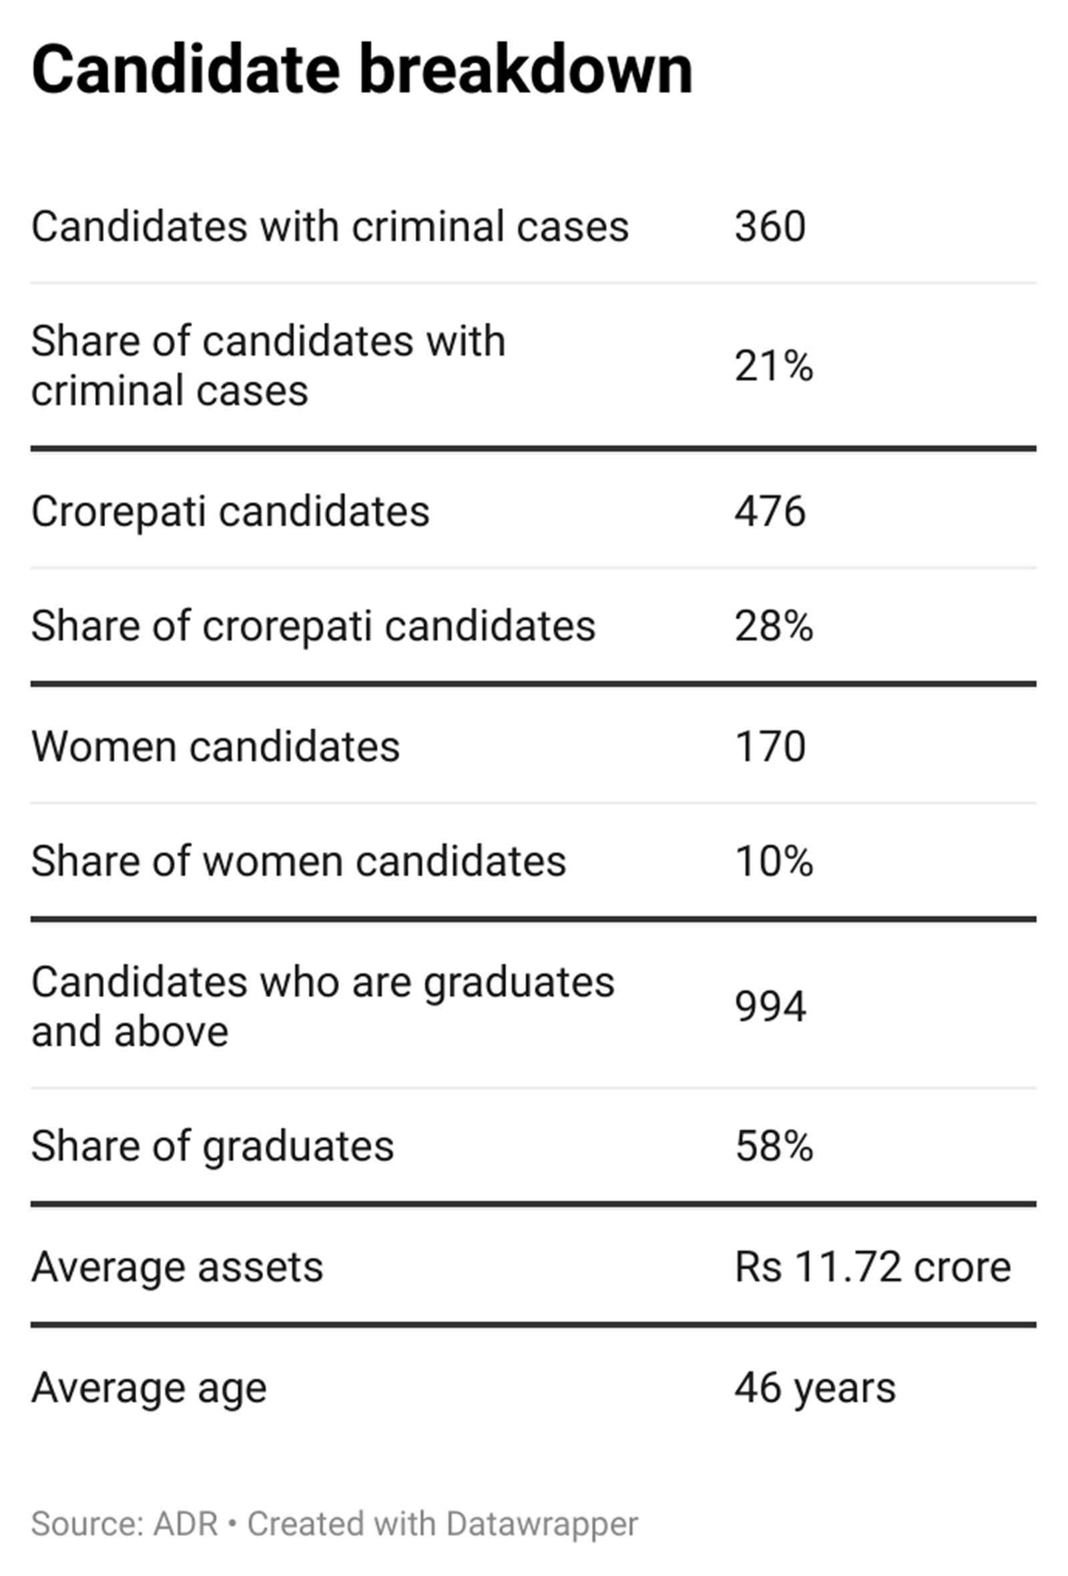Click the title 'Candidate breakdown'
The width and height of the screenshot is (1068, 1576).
pyautogui.click(x=362, y=71)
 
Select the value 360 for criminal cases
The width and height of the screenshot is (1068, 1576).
pyautogui.click(x=770, y=226)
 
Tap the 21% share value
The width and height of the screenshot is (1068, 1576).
pyautogui.click(x=774, y=367)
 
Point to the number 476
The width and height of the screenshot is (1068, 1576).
pyautogui.click(x=770, y=511)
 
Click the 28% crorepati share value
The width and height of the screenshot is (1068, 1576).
pyautogui.click(x=774, y=626)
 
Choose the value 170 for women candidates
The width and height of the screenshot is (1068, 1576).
pyautogui.click(x=770, y=748)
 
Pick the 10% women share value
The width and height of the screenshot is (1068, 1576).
pyautogui.click(x=774, y=862)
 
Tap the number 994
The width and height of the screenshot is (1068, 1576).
pyautogui.click(x=770, y=1007)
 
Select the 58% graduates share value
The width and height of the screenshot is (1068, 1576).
pyautogui.click(x=774, y=1147)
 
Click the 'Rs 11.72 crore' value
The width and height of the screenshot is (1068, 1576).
pyautogui.click(x=872, y=1267)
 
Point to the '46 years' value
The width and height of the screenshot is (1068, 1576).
pyautogui.click(x=815, y=1388)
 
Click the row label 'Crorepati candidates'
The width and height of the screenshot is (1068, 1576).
pyautogui.click(x=230, y=511)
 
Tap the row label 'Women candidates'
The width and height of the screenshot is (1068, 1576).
pyautogui.click(x=216, y=748)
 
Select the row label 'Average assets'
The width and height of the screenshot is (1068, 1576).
pyautogui.click(x=177, y=1267)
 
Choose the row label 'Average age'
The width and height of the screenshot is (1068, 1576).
pyautogui.click(x=149, y=1388)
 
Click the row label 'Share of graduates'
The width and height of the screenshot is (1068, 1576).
pyautogui.click(x=212, y=1147)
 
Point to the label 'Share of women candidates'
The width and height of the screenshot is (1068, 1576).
pyautogui.click(x=298, y=862)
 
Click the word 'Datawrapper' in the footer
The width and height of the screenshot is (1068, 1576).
pyautogui.click(x=542, y=1525)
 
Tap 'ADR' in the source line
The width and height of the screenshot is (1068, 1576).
pyautogui.click(x=185, y=1525)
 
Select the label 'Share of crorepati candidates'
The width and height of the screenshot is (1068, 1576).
pyautogui.click(x=313, y=626)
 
